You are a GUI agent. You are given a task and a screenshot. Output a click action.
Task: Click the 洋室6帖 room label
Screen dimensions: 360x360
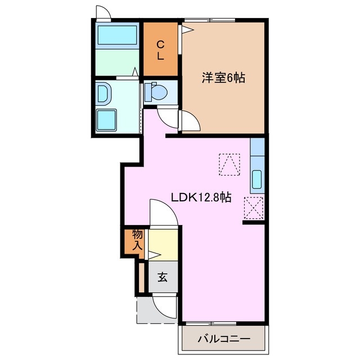223,78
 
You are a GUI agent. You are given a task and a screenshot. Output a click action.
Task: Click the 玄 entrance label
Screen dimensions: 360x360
162,277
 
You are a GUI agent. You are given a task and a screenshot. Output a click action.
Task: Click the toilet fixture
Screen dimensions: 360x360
155,91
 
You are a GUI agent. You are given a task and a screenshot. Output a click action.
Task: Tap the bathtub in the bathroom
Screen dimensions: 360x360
118,36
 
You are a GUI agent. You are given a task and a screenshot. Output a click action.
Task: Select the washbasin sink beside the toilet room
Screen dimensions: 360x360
105,93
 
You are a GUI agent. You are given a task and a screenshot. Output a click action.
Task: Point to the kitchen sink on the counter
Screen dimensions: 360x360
256,179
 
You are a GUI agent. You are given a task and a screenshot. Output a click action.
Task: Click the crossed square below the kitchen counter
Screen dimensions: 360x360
254,210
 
